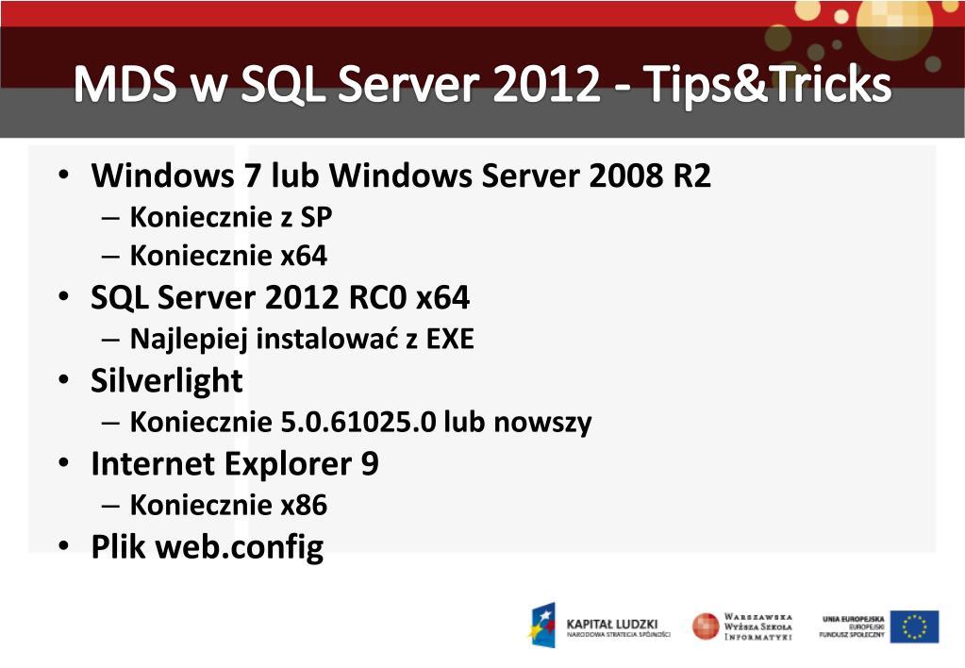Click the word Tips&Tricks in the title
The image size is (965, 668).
768,86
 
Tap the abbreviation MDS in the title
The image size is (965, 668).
126,86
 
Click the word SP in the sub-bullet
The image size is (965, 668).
316,218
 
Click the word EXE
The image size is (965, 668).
450,339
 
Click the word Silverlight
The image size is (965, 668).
167,381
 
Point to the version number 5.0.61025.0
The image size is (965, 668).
358,423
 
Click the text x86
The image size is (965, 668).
305,506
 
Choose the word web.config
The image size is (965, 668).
240,547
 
